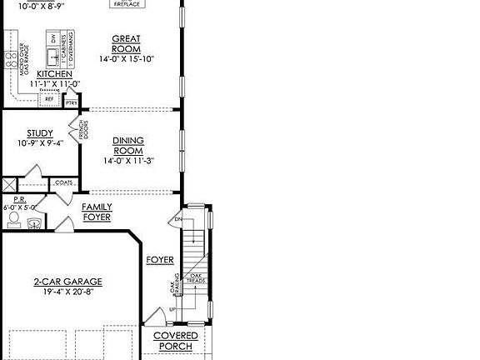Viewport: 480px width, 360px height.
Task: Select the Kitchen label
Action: [x=42, y=74]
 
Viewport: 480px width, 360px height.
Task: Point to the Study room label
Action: [x=39, y=132]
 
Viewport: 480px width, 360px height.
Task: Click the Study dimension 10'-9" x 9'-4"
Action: [x=39, y=142]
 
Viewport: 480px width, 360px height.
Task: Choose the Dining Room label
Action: [x=128, y=146]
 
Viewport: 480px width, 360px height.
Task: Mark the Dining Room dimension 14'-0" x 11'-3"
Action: [x=128, y=161]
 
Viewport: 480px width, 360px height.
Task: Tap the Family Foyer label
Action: [x=97, y=212]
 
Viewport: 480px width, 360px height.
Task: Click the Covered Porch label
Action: [x=175, y=341]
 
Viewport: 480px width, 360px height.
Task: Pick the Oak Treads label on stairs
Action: [x=197, y=280]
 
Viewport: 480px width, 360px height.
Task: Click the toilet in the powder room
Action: [x=13, y=220]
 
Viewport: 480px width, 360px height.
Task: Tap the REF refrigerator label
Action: [x=49, y=98]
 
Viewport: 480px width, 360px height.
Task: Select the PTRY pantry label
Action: [x=72, y=102]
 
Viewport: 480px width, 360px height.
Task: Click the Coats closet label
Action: [x=62, y=182]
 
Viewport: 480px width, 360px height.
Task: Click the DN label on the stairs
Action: [x=177, y=220]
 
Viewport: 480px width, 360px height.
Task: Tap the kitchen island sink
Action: [x=53, y=57]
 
